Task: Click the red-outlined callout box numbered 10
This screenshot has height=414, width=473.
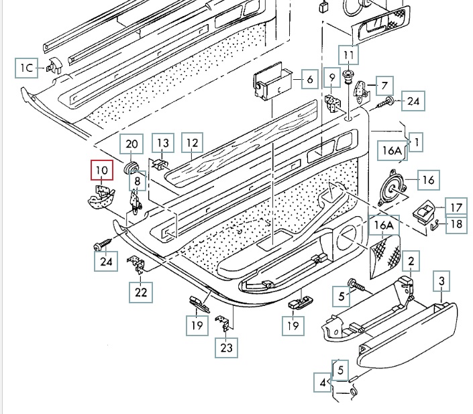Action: [x=103, y=170]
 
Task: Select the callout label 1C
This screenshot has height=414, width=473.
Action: [x=26, y=67]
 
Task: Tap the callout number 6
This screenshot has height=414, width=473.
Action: [x=309, y=80]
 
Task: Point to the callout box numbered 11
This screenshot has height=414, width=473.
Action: [x=348, y=54]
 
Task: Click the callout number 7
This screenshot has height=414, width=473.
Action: [x=384, y=86]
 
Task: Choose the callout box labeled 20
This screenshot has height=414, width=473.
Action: [x=132, y=144]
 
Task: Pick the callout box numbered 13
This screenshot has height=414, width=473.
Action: [x=164, y=143]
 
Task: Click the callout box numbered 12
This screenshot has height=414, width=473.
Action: [x=193, y=143]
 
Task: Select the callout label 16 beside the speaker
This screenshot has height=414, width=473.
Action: [x=428, y=179]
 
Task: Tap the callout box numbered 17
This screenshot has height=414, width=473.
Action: [x=456, y=207]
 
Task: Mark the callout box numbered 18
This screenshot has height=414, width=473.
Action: [x=456, y=225]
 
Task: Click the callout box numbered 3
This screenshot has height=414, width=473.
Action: [x=441, y=280]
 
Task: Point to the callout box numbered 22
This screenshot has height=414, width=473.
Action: [x=140, y=292]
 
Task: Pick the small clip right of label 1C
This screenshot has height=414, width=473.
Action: [x=53, y=66]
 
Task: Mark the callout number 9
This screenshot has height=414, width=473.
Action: [x=331, y=79]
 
